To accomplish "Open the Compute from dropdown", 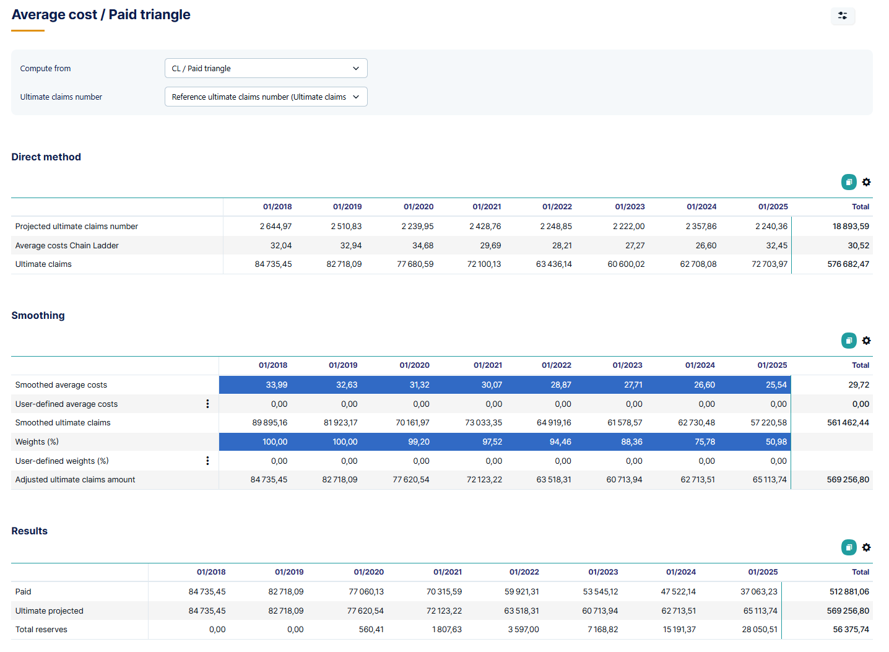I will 266,68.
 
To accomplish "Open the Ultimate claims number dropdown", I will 266,97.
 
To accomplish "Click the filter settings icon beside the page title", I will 843,15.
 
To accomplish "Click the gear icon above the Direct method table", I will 866,182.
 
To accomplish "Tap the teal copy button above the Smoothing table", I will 849,341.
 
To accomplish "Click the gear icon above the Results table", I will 866,547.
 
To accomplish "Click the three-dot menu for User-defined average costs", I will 207,404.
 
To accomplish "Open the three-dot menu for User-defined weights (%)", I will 207,461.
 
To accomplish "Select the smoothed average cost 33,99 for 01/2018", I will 276,385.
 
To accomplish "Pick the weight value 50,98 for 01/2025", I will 776,441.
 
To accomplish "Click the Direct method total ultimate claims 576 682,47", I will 848,264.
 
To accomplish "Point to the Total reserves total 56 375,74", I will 851,629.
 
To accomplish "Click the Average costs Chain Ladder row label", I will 67,245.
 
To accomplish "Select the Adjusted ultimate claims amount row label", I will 75,479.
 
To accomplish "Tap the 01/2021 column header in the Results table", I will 447,572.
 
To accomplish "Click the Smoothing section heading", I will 38,315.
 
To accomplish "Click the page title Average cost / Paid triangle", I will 101,15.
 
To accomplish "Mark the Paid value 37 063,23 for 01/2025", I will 758,591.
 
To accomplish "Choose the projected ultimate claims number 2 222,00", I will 628,226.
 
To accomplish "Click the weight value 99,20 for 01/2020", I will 418,441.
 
